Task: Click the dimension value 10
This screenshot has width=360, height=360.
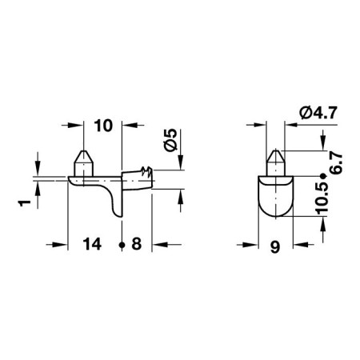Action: (x=103, y=126)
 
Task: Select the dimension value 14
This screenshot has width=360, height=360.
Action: (x=92, y=244)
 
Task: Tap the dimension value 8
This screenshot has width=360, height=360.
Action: (x=137, y=244)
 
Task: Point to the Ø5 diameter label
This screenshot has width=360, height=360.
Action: (x=170, y=140)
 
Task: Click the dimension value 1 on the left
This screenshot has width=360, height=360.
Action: (x=25, y=203)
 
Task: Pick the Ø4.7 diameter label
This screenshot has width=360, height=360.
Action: (x=318, y=113)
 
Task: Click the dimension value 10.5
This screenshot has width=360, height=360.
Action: (x=322, y=198)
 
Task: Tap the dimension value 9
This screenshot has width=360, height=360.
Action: (x=275, y=247)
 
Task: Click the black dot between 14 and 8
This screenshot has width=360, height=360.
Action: (x=122, y=245)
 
